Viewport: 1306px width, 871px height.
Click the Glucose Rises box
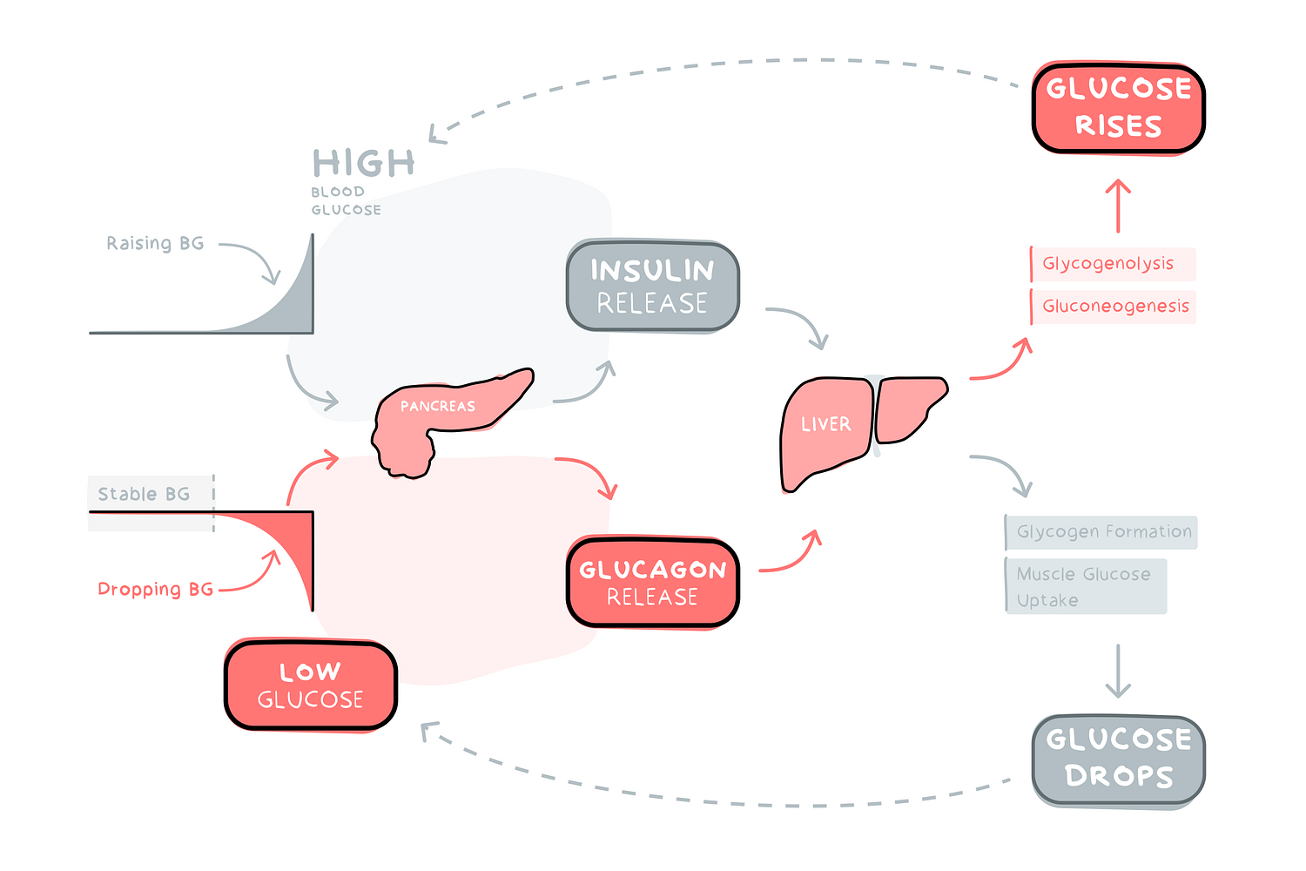point(1119,108)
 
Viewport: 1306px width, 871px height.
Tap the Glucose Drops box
point(1119,759)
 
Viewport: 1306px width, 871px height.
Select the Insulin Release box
point(652,286)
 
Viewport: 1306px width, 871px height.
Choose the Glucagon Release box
point(652,582)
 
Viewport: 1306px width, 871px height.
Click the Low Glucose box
point(311,685)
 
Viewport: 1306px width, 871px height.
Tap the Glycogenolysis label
point(1108,264)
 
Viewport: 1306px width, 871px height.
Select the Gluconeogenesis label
point(1115,307)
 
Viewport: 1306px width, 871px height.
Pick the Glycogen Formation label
point(1103,532)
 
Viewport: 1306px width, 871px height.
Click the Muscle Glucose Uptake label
point(1084,587)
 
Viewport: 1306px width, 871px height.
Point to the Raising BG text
point(155,244)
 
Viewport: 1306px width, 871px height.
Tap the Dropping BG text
point(155,590)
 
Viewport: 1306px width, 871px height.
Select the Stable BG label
point(144,495)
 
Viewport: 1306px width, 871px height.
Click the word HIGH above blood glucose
point(364,164)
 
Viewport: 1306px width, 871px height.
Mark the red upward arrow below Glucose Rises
point(1118,205)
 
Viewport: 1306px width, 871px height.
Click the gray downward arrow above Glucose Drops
point(1118,671)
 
